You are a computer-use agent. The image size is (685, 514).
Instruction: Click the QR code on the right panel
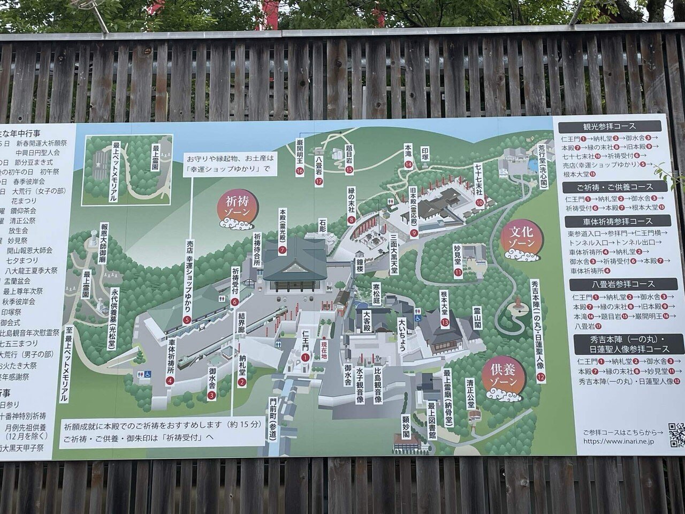click(677, 435)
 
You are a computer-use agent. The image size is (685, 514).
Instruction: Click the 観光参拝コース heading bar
click(609, 127)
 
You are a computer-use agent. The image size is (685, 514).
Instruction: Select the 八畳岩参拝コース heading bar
click(619, 284)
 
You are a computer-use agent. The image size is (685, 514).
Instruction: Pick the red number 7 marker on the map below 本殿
click(282, 249)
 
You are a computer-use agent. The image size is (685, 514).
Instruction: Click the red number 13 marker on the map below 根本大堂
click(444, 322)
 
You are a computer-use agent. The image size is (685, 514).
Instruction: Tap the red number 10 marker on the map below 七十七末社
click(479, 202)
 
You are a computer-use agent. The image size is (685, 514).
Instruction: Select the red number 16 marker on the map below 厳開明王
click(300, 171)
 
